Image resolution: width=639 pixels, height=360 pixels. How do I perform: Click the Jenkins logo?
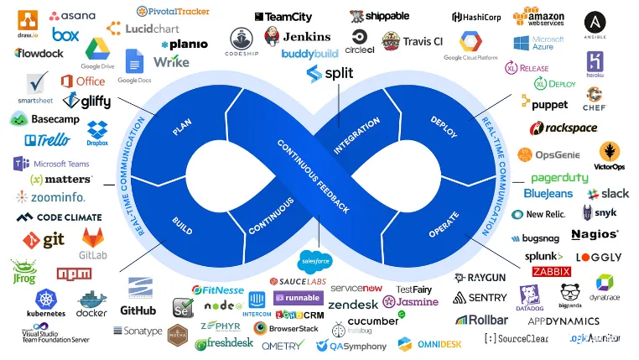[297, 37]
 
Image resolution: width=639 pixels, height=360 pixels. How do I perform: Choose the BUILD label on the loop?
[182, 224]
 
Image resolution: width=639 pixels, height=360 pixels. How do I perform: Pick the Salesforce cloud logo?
[315, 260]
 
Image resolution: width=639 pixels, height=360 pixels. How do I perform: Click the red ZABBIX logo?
[551, 271]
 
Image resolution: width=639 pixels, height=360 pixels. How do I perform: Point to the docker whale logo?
[91, 303]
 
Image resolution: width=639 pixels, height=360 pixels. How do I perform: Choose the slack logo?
[608, 194]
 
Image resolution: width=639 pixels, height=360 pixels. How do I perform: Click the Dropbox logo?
[97, 132]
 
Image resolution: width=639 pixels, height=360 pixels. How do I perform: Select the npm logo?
[74, 274]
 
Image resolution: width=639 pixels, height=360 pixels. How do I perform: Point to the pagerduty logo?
[559, 178]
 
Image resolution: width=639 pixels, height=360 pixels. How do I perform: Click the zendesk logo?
[353, 304]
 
